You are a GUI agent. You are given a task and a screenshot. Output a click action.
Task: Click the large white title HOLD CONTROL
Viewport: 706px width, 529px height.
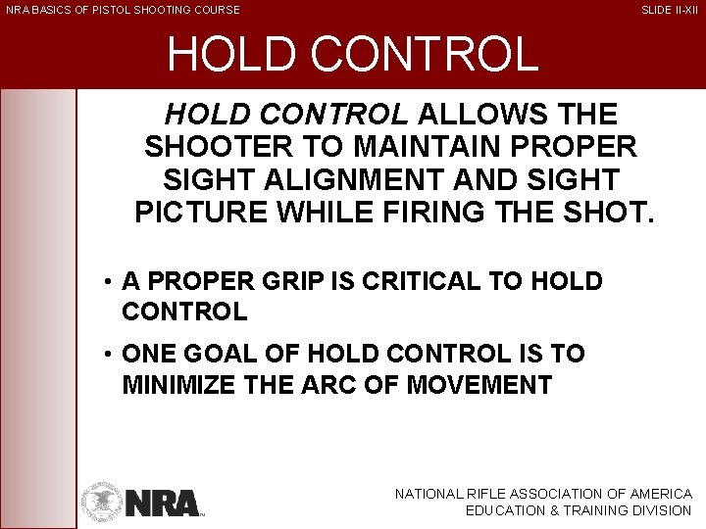352,55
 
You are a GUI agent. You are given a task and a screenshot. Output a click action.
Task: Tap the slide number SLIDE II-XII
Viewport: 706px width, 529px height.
670,10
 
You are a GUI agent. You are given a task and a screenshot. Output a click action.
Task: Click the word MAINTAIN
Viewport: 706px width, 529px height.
404,149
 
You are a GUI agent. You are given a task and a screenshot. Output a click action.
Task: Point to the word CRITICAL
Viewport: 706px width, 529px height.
426,282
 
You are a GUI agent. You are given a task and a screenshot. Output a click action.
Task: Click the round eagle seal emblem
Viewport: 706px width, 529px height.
101,500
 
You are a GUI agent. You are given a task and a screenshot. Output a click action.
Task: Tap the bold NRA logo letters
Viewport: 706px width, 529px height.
163,503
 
